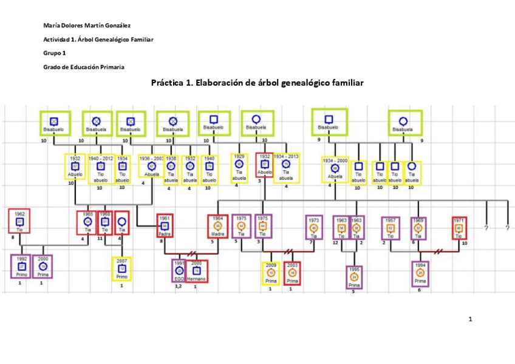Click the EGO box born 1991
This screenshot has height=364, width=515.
[180, 270]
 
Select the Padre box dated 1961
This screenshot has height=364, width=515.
[163, 226]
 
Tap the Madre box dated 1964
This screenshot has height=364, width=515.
[217, 226]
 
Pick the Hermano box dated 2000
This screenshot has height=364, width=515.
[197, 270]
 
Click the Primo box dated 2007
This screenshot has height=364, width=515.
[122, 269]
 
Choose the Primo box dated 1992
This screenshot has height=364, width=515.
[21, 266]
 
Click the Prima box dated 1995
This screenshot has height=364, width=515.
[354, 277]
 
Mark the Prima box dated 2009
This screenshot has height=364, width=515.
[271, 273]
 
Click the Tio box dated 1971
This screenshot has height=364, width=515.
[460, 227]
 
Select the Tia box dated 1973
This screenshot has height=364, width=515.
[314, 227]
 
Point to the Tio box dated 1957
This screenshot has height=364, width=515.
[390, 227]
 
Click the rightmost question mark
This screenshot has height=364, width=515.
[507, 228]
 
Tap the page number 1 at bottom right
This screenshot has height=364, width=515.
[470, 319]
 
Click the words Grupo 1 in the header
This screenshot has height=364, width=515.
[54, 53]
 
